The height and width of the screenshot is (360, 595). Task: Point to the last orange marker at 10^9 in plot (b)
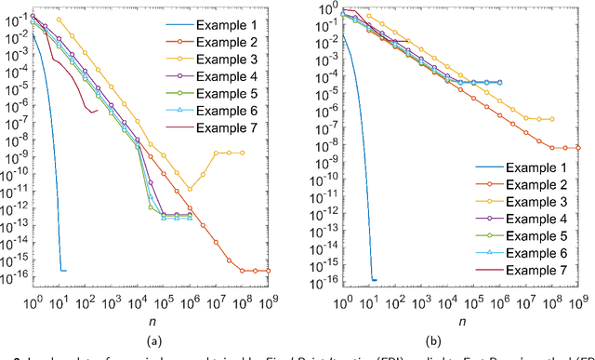pos(577,147)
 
